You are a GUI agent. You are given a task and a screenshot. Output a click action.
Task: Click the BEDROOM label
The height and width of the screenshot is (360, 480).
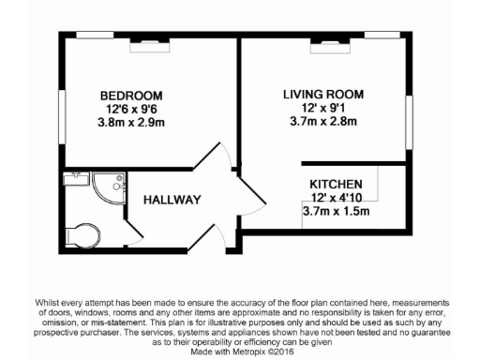(131, 96)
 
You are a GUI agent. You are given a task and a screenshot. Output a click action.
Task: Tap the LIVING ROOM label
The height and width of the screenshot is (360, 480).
(323, 94)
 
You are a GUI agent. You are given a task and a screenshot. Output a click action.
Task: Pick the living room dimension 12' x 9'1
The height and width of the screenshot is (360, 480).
(323, 108)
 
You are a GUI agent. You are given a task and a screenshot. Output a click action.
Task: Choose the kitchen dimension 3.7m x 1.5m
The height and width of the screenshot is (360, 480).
(337, 212)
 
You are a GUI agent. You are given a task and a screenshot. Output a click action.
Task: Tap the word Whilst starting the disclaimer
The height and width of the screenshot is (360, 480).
(45, 302)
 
